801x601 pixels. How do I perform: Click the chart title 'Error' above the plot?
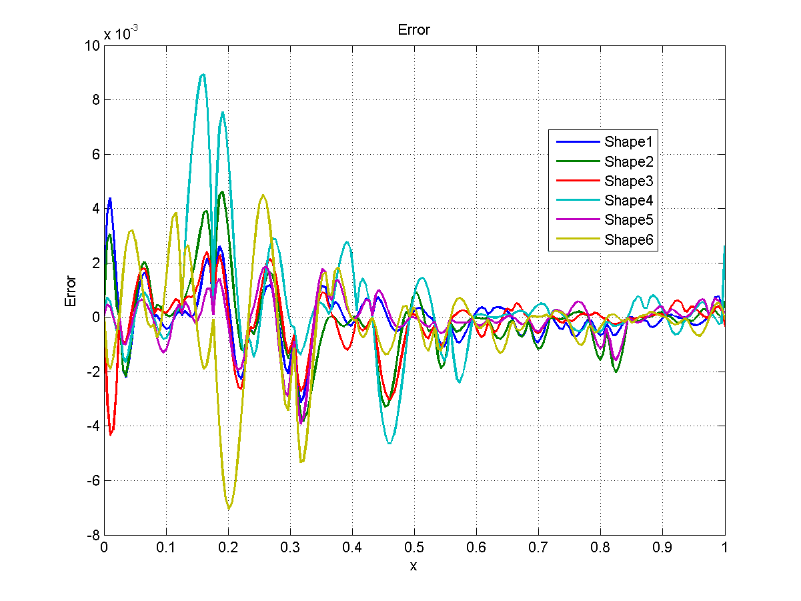414,30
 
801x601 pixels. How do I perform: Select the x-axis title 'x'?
414,566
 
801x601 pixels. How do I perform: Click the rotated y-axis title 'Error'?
71,291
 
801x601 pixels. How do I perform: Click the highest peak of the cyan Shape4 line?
203,75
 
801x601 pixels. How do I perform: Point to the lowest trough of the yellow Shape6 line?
229,508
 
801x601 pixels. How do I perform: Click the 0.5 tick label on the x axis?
414,548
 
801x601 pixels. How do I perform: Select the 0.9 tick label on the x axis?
662,548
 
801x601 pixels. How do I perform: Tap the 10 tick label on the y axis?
92,45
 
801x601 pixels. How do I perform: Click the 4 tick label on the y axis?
95,209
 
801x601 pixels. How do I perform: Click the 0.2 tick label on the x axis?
228,548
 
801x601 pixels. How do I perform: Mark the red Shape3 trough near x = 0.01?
111,434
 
